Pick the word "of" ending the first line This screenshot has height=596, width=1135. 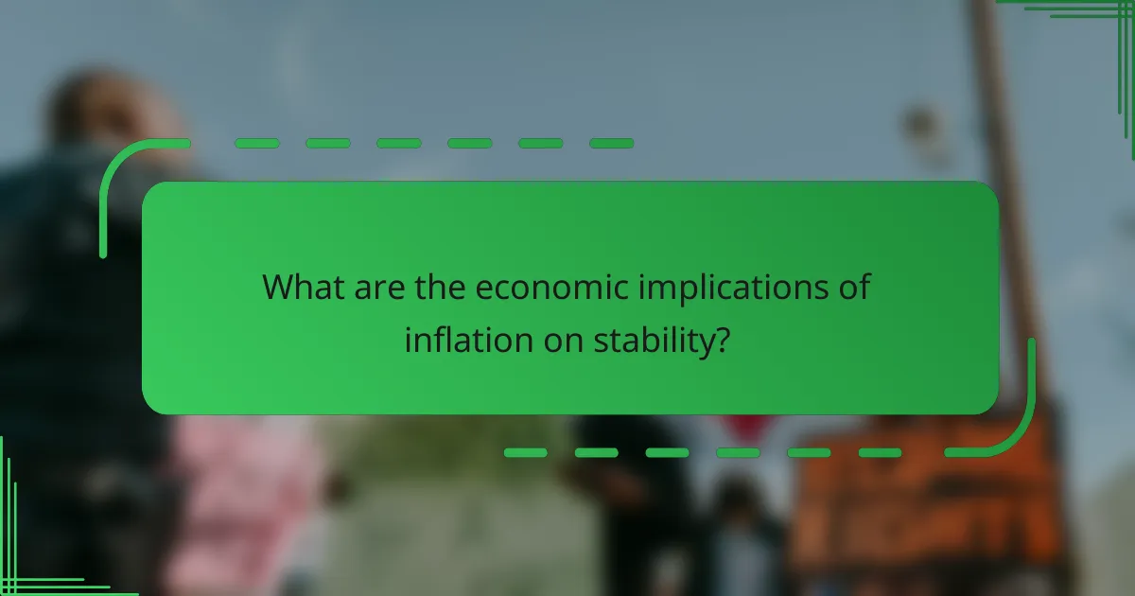(x=852, y=286)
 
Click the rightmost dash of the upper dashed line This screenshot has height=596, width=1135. (x=611, y=144)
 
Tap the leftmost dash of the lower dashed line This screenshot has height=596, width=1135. (x=525, y=453)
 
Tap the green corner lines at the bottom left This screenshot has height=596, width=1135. (x=28, y=558)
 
